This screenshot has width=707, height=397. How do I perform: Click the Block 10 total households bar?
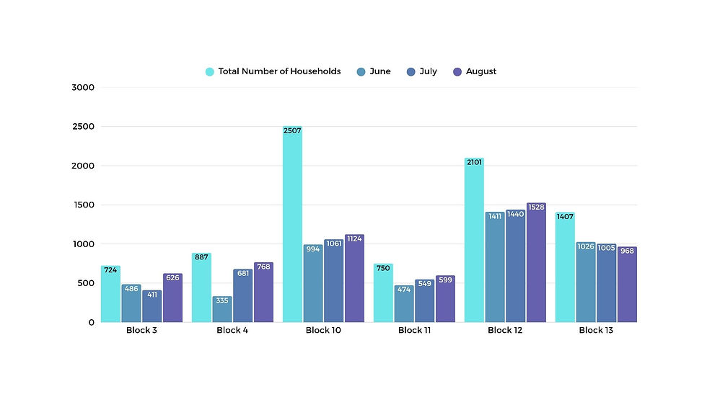click(292, 223)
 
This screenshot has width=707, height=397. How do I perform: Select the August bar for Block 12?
click(536, 262)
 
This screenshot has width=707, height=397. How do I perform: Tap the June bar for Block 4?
click(222, 309)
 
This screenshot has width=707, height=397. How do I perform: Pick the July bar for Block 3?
click(152, 306)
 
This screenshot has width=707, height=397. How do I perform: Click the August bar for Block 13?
click(627, 285)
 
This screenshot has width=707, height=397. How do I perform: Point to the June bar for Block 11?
click(403, 304)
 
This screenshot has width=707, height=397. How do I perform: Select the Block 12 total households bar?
click(475, 240)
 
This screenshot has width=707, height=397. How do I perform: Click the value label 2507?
click(292, 130)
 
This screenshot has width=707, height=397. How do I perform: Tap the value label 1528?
click(536, 207)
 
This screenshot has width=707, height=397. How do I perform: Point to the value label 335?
click(222, 300)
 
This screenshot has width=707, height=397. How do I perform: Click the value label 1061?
click(333, 244)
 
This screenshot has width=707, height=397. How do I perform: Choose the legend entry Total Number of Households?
click(273, 71)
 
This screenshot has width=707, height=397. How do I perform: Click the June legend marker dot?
click(361, 72)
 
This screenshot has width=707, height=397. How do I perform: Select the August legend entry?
click(475, 71)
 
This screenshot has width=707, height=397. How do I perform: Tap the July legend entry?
click(421, 71)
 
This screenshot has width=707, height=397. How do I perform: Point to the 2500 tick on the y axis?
click(84, 127)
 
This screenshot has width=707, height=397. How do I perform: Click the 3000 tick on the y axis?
click(83, 87)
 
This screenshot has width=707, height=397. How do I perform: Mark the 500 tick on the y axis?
click(86, 283)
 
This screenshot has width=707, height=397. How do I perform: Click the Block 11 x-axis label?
click(414, 330)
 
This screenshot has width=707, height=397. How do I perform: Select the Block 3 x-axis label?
click(141, 330)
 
